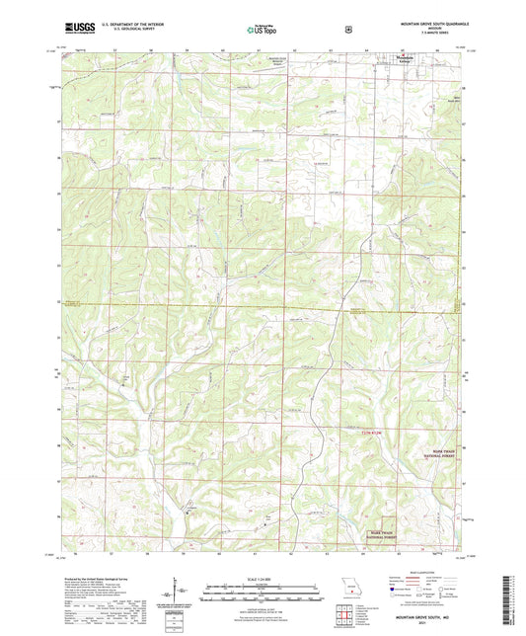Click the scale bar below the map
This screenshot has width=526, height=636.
pos(261,596)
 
